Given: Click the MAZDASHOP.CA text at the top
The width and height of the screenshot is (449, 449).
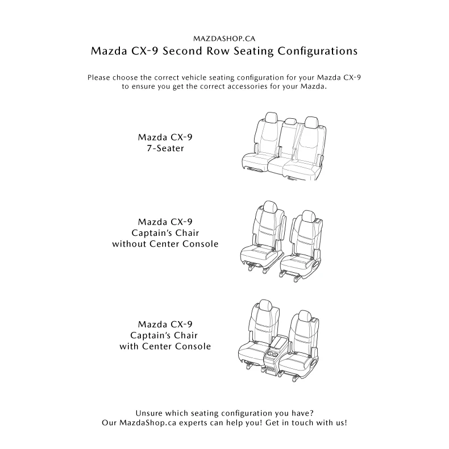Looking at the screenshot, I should pos(224,39).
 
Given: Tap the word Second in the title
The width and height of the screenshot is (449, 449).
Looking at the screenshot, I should pos(188,51).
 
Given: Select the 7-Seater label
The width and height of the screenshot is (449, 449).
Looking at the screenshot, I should pos(169,148).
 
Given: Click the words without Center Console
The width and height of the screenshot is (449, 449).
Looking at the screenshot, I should pos(165,244).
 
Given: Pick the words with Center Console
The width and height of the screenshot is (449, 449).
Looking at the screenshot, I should pos(165,346).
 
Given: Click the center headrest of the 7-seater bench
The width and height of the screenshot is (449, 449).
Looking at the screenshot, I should pos(290,121).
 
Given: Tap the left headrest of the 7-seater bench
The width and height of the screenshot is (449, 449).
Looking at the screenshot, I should pos(271,117).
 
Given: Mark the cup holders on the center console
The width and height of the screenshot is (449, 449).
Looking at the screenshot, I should pos(273,354).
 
